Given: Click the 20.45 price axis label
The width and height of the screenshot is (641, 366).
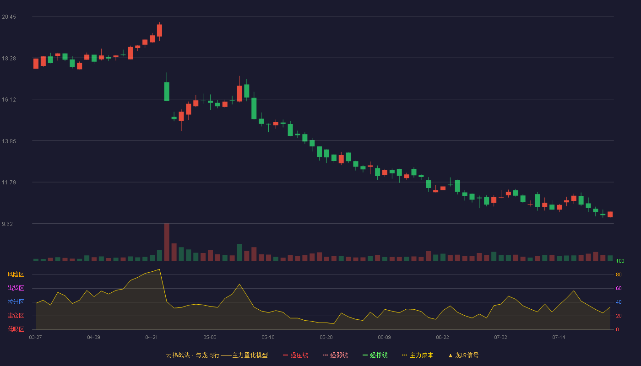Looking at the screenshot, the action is (x=9, y=17).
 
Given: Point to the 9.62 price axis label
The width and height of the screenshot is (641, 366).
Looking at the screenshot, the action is (x=7, y=224).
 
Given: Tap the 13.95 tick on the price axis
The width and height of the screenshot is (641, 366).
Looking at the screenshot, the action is (x=9, y=141).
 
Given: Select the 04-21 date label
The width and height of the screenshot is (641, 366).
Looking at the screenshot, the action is (x=152, y=338).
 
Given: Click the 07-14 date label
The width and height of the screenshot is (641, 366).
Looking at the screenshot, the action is (x=559, y=338).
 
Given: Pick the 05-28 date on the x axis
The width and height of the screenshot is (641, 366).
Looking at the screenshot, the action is (x=326, y=338).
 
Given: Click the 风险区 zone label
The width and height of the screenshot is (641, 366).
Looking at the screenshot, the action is (x=16, y=274).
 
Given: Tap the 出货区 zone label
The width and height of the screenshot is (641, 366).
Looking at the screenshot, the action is (x=16, y=288).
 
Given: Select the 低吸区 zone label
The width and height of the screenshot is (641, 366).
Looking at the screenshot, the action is (x=16, y=329).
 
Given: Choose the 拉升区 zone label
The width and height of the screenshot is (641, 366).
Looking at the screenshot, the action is (x=16, y=301).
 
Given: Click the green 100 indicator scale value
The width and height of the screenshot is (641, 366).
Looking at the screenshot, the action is (x=620, y=261).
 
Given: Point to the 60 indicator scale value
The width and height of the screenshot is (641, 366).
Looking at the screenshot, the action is (x=619, y=288).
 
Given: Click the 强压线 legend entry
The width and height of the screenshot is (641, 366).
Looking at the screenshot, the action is (x=295, y=355).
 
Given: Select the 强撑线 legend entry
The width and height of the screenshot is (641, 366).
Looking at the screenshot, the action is (x=375, y=355).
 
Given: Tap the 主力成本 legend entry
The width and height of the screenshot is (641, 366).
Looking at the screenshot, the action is (x=418, y=355).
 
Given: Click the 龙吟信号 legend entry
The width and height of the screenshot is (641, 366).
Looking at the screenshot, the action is (x=463, y=355).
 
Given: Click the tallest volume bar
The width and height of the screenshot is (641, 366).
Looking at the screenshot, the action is (x=167, y=242).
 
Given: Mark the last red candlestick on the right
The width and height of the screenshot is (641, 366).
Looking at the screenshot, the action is (x=610, y=215).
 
